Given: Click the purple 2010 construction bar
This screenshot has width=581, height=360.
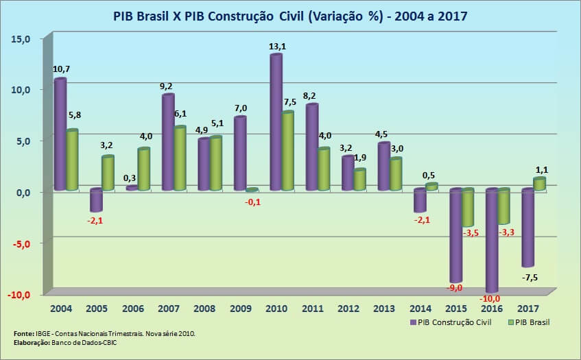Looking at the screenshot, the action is pos(276,122).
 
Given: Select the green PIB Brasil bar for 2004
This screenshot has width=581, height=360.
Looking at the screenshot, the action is pos(72,160).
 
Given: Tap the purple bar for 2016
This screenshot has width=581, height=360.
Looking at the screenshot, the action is pos(492,241).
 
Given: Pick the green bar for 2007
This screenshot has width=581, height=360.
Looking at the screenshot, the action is pos(180,158).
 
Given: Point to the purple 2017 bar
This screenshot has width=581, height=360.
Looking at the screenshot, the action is pos(528,228).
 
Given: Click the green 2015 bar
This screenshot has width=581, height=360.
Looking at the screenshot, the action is pos(468,207).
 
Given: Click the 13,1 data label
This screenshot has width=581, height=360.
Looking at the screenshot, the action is pos(277,47).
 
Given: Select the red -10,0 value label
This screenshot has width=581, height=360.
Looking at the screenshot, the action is pos(490,298).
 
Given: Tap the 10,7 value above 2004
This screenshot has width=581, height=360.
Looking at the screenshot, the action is pos(62,69).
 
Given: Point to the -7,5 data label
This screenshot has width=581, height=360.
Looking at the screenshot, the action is pos(530,278).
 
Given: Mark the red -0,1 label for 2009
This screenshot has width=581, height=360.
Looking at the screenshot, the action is pos(252,202).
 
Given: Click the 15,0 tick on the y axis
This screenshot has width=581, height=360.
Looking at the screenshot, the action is pos(21,39).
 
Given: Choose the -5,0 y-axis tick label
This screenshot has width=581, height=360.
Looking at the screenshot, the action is pos(21,244).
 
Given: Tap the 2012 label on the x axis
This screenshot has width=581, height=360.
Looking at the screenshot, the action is pos(348,309).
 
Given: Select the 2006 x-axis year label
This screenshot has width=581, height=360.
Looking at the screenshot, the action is pos(133,309).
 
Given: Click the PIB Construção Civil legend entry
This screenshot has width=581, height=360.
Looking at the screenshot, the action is pos(451,322).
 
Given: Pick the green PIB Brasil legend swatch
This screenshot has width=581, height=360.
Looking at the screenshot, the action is pos(510,322).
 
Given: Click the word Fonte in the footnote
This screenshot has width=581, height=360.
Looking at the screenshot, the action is pos(23,334).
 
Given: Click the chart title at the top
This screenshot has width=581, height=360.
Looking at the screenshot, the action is pos(290,16).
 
